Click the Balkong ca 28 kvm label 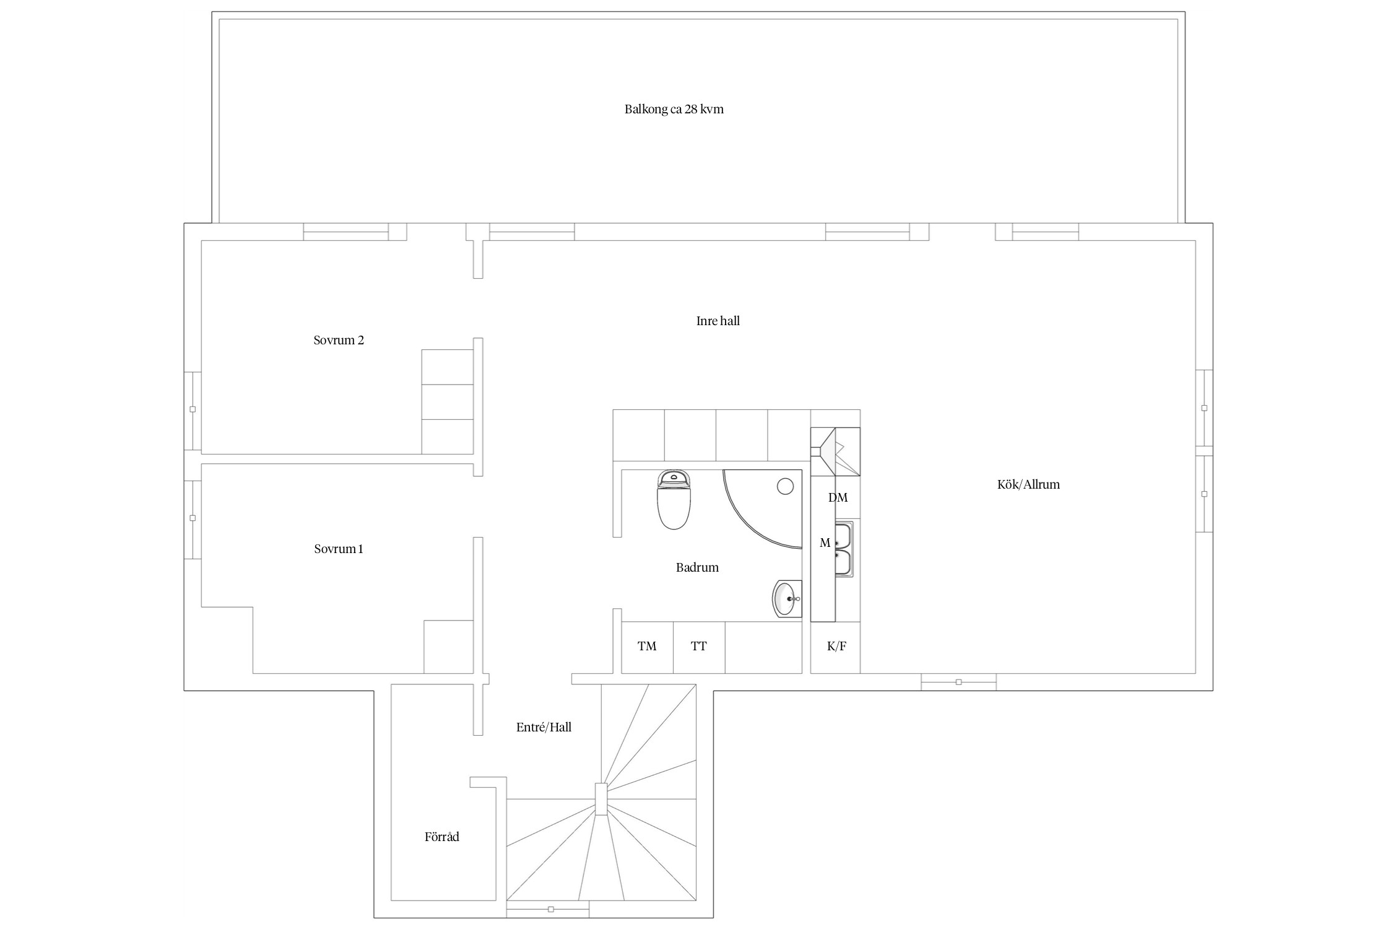click(x=674, y=110)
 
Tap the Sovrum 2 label click(x=339, y=340)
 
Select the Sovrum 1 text click(x=339, y=549)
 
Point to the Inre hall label click(x=718, y=321)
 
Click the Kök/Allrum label click(x=1028, y=484)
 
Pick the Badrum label click(x=697, y=567)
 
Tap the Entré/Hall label click(x=544, y=727)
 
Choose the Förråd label click(x=442, y=837)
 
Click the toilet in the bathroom click(x=674, y=500)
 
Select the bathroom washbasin click(x=787, y=599)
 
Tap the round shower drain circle click(x=785, y=487)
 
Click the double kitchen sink click(x=844, y=549)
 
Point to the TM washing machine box click(x=647, y=647)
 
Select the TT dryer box click(x=699, y=647)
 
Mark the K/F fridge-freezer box click(x=836, y=647)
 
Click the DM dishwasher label click(x=838, y=497)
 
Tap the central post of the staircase click(x=601, y=799)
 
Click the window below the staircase click(x=547, y=909)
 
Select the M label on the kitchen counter click(x=825, y=543)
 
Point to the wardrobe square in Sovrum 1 click(x=448, y=647)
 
